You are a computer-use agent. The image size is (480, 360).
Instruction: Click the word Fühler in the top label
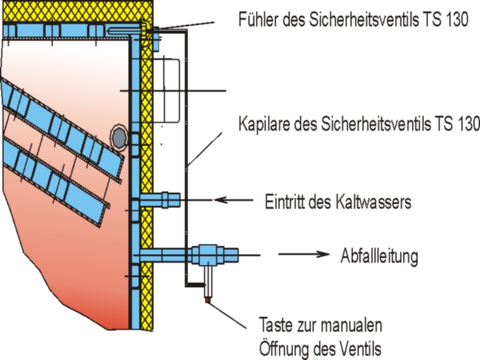tap(259, 19)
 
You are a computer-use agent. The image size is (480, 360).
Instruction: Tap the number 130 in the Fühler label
tap(457, 19)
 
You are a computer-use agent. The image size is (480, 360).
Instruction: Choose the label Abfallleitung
tap(379, 256)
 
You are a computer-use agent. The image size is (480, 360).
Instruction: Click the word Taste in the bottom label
tap(275, 325)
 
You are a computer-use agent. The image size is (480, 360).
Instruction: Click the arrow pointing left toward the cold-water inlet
tap(233, 200)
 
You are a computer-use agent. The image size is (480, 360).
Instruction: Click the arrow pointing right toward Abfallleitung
tap(304, 254)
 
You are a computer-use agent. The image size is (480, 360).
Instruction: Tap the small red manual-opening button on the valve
tap(208, 300)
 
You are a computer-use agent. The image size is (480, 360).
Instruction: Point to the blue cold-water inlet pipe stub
tap(160, 200)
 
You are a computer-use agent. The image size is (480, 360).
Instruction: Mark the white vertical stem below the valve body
tap(208, 281)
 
